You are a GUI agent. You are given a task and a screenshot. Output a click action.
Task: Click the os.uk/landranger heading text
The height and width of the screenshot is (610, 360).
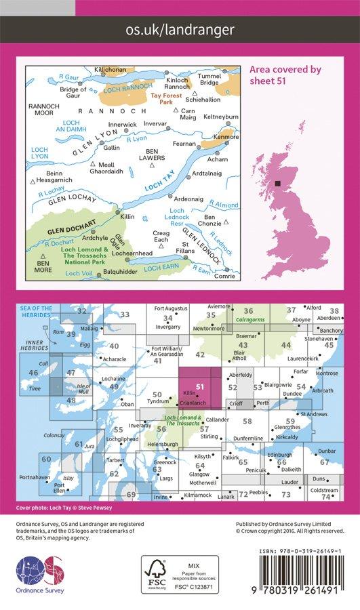coord(180,29)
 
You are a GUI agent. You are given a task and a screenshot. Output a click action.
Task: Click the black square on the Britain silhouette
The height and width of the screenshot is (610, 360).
coord(278,182)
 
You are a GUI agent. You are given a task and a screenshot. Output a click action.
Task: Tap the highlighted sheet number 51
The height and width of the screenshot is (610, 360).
coord(199,386)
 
